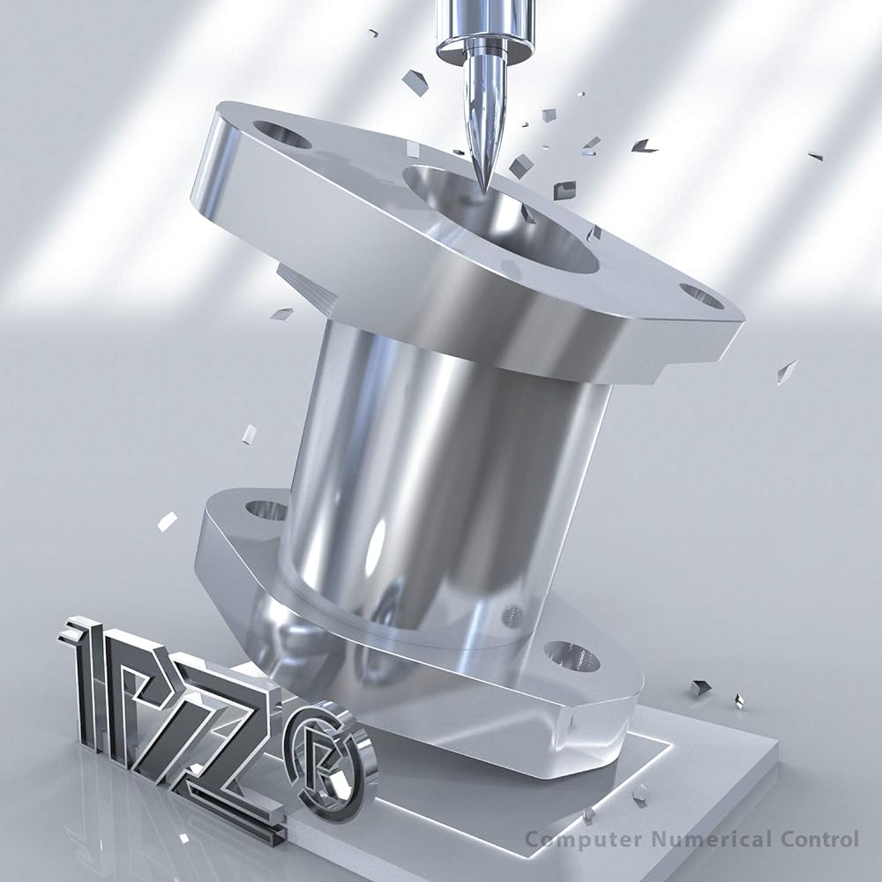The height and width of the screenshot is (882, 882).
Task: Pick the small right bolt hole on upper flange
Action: point(702,295)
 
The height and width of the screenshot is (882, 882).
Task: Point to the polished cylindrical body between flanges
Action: point(441,476)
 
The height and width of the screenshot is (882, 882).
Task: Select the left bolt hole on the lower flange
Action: point(265,510)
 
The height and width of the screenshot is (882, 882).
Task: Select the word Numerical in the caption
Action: point(688,839)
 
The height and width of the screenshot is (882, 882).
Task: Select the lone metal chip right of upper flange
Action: point(785,371)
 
